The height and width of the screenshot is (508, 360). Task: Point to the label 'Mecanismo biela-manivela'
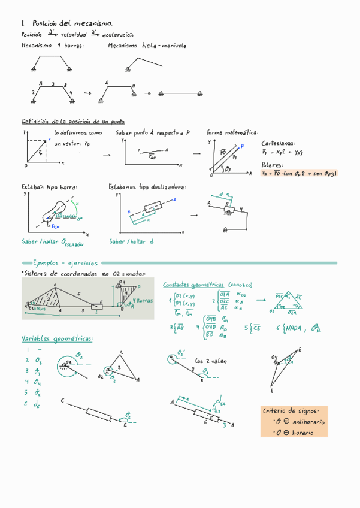(147, 46)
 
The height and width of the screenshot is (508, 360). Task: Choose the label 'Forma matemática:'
(232, 132)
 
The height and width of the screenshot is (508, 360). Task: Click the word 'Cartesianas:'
(279, 144)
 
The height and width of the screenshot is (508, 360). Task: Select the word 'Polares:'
(273, 164)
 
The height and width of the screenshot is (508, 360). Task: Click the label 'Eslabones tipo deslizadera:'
(147, 187)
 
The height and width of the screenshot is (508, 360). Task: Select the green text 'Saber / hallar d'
(131, 241)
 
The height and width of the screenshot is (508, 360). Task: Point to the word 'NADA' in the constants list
(294, 327)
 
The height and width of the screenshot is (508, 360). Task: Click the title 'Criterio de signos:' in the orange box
(295, 411)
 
